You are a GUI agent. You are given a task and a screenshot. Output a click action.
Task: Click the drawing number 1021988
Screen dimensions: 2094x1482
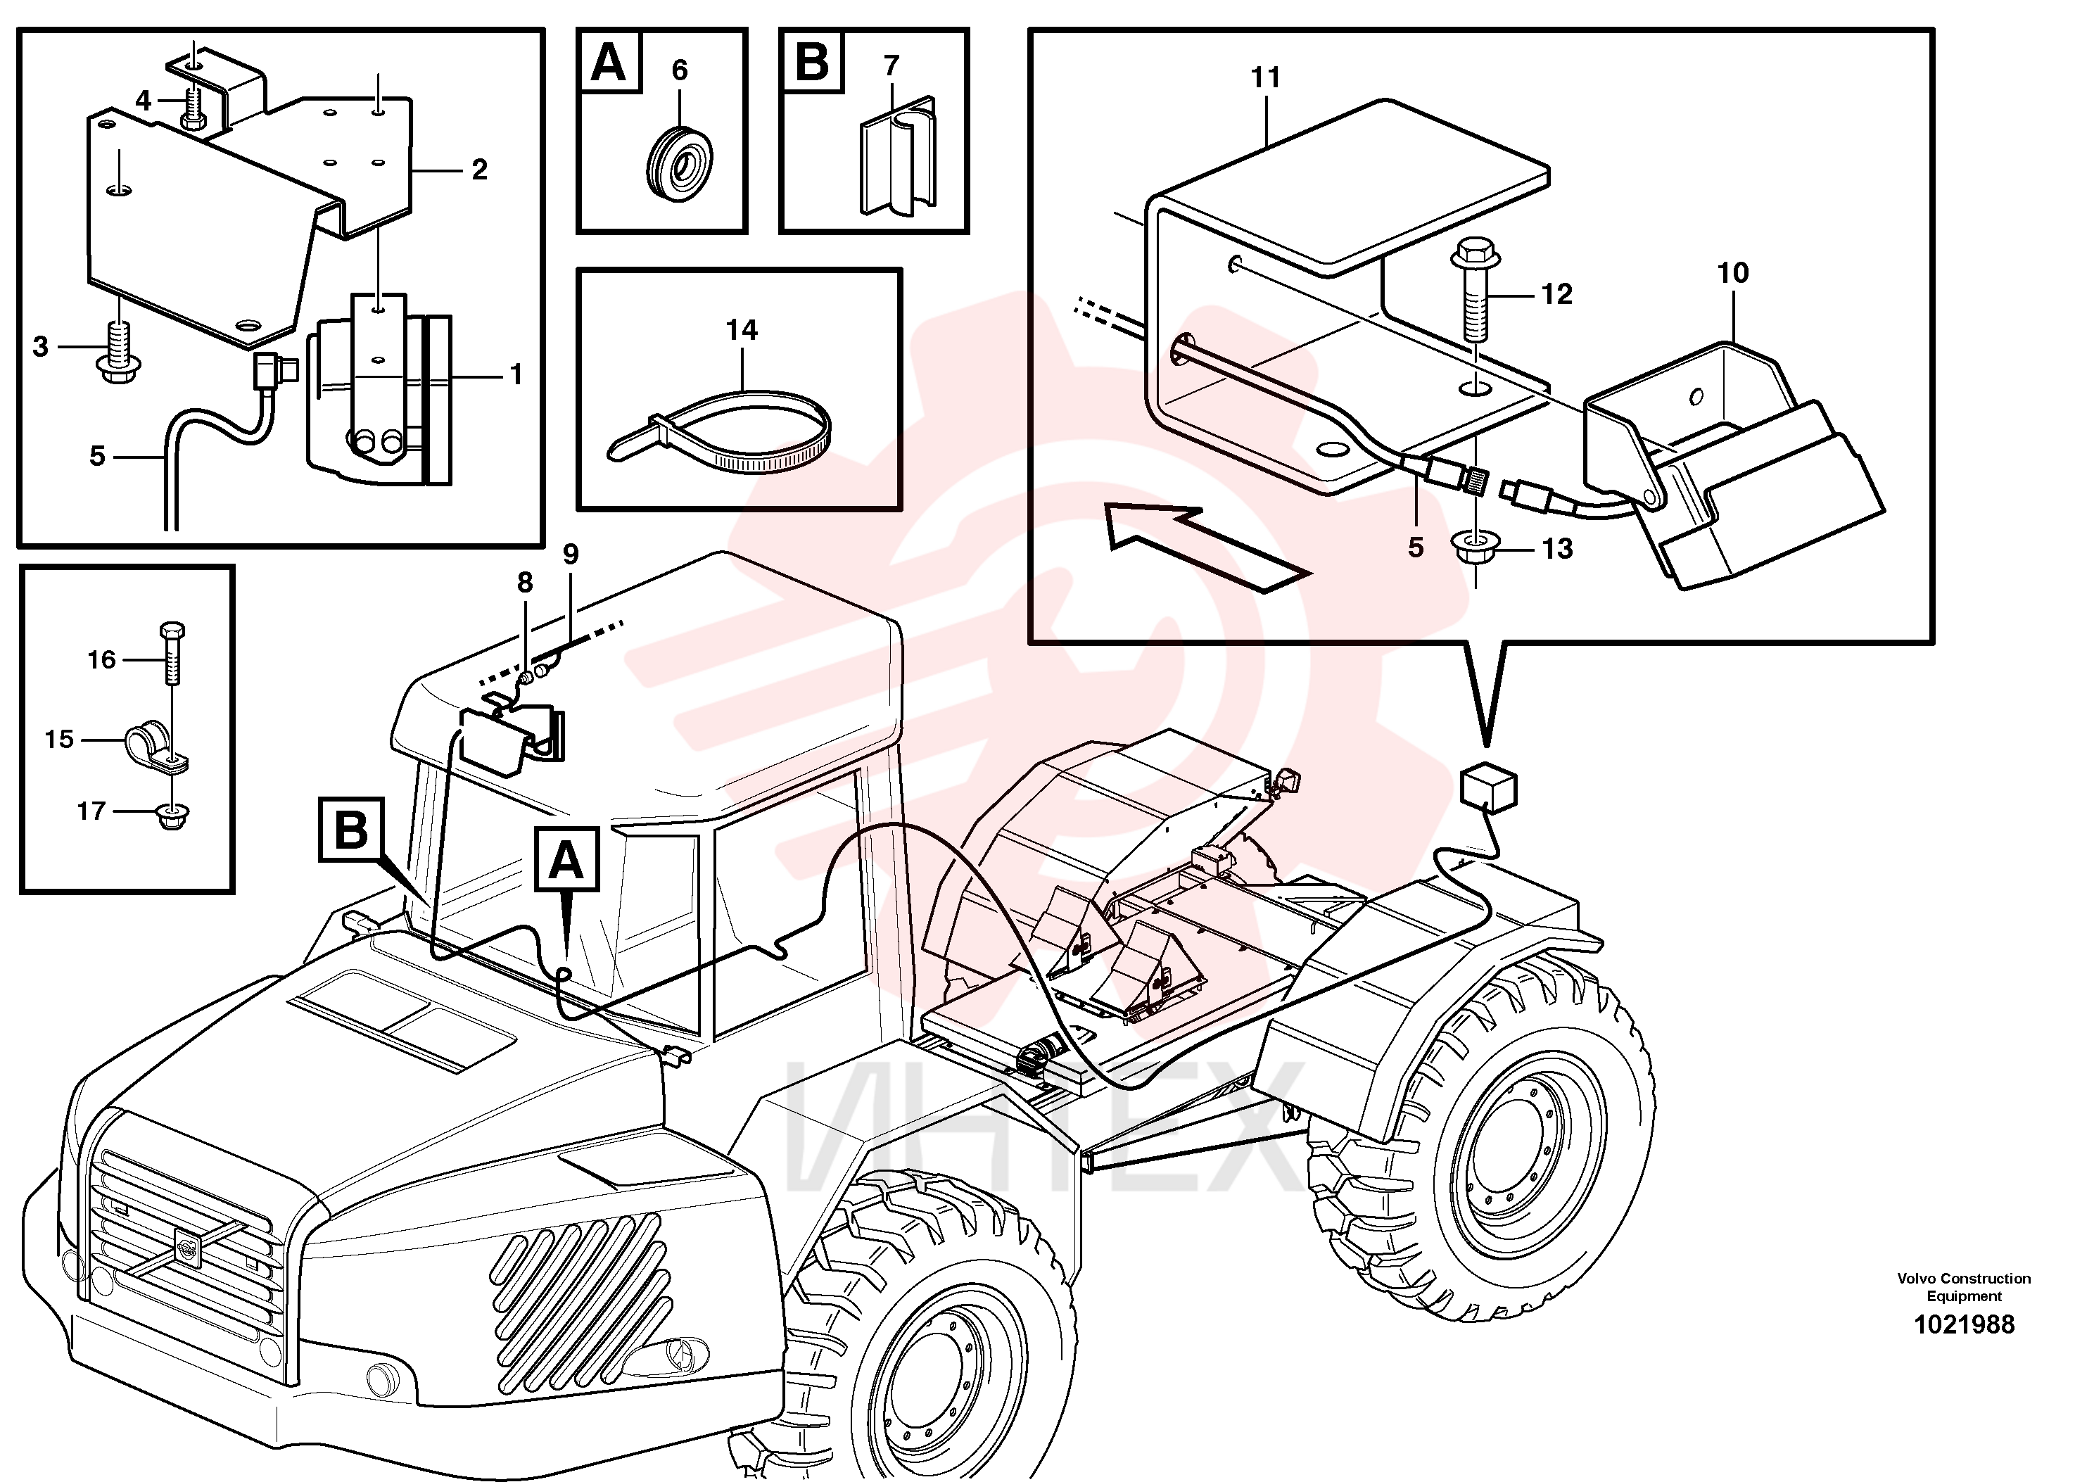[x=1964, y=1324]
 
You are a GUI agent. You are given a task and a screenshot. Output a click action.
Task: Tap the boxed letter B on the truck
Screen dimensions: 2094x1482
[x=351, y=828]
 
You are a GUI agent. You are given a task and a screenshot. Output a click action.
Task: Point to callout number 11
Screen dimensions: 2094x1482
[x=1266, y=77]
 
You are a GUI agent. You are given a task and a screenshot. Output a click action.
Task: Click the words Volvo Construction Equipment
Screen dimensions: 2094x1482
[x=1964, y=1286]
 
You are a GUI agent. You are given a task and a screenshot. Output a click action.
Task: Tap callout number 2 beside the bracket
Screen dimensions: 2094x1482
[x=479, y=169]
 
